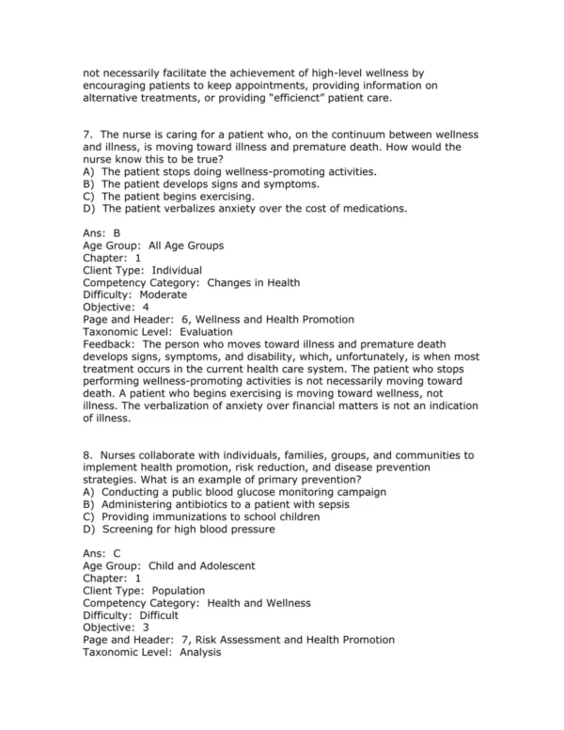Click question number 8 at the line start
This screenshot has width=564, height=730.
88,455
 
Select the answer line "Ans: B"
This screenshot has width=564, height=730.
102,233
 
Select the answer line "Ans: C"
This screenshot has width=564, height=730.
102,553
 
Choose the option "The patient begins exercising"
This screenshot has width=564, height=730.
178,197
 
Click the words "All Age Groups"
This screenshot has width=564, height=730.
186,246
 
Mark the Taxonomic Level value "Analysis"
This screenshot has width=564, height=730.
195,651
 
